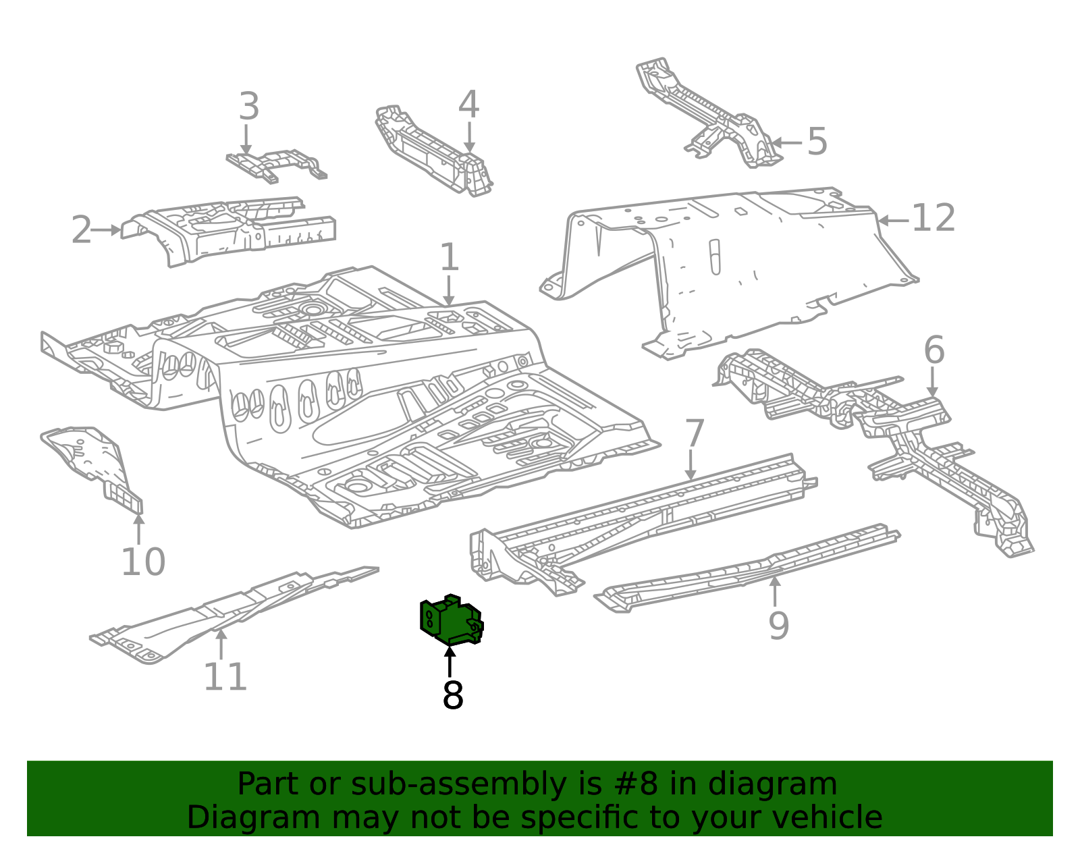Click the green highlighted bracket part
coord(450,620)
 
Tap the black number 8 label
coord(452,695)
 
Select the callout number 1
coord(450,257)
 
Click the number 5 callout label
coord(817,141)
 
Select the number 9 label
coord(779,626)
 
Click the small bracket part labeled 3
coord(276,165)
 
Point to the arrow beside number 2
coord(106,230)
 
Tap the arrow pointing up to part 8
coord(450,661)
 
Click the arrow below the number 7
coord(691,465)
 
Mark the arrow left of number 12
coord(894,220)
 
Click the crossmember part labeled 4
coord(433,150)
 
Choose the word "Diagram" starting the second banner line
coord(253,818)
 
